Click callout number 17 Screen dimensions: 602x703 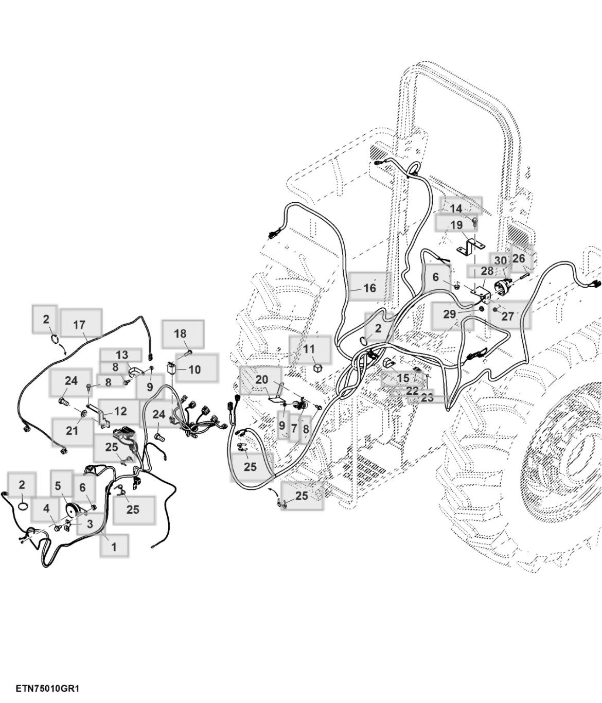pos(79,325)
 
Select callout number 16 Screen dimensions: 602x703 pos(370,288)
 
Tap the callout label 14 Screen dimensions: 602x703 pos(456,208)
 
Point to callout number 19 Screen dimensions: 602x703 pos(456,225)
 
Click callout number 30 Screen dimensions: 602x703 pos(500,260)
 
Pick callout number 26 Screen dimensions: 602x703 pos(519,258)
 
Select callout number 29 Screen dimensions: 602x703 pos(449,314)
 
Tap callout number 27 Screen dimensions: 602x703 pos(507,317)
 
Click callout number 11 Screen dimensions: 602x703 pos(309,349)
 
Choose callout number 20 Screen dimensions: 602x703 pos(261,379)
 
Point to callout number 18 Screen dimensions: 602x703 pos(180,333)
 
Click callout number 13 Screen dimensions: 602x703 pos(122,355)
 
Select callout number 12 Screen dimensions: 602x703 pos(120,411)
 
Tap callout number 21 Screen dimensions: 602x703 pos(72,431)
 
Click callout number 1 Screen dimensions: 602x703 pos(114,547)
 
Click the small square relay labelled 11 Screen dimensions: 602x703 pos(317,368)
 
